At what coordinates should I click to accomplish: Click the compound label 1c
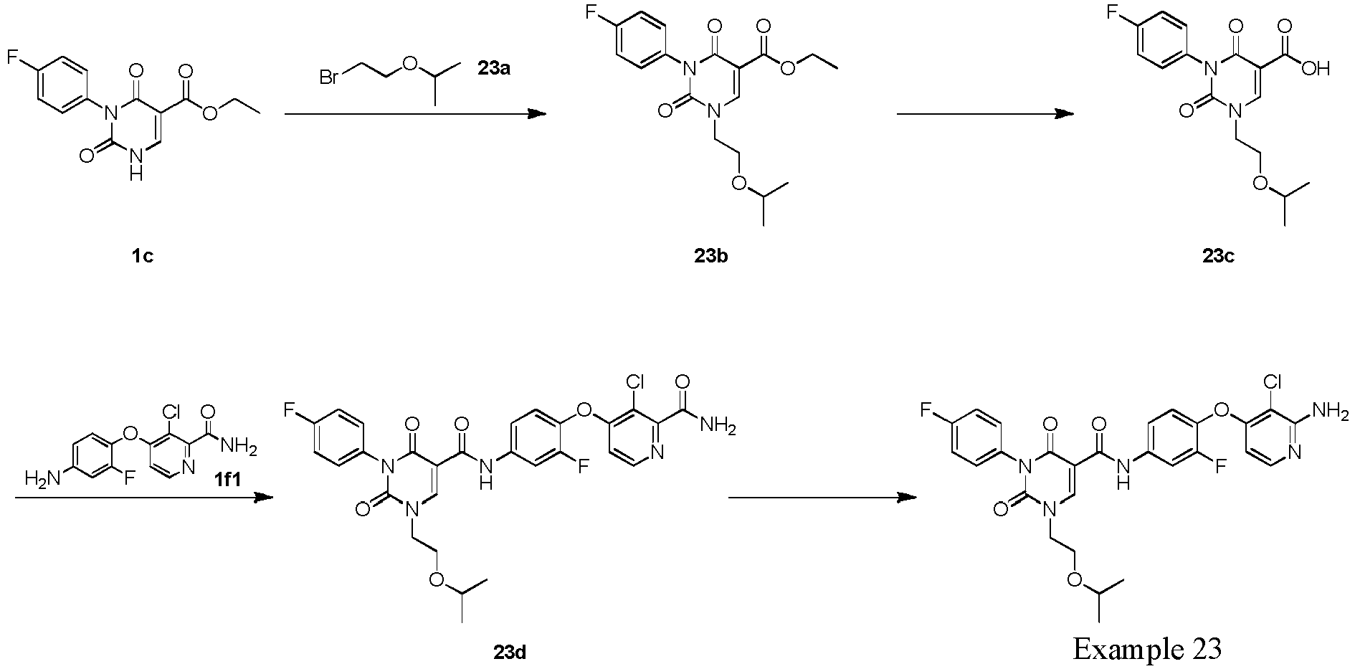pyautogui.click(x=142, y=256)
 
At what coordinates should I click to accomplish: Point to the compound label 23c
pyautogui.click(x=1218, y=256)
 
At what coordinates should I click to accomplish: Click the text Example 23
pyautogui.click(x=1146, y=648)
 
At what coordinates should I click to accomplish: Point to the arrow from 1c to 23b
pyautogui.click(x=415, y=113)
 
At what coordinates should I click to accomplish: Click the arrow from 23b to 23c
pyautogui.click(x=986, y=113)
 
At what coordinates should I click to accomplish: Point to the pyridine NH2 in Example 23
pyautogui.click(x=1334, y=409)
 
